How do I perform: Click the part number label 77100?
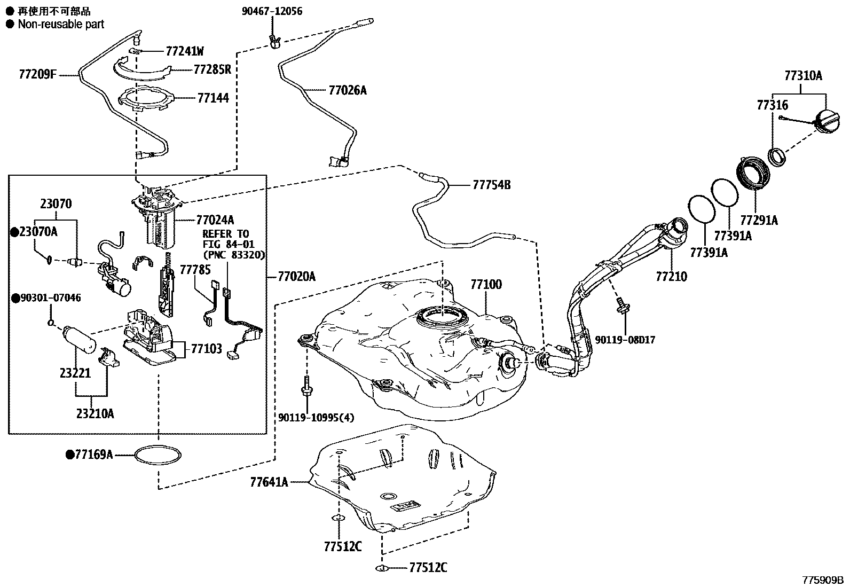pos(486,285)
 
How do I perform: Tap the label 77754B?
pos(491,185)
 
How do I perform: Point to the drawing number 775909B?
pos(822,580)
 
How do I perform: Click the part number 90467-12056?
pos(272,11)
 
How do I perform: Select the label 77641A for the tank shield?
pos(269,482)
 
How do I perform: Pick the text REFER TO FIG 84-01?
pos(226,239)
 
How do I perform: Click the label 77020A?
pos(296,277)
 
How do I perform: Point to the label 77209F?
pos(37,75)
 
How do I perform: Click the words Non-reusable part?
pos(61,24)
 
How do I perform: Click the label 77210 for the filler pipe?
pos(671,277)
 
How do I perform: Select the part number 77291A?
pos(759,220)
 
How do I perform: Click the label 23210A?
pos(95,413)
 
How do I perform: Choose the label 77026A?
pos(348,90)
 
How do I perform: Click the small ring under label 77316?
pos(777,156)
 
